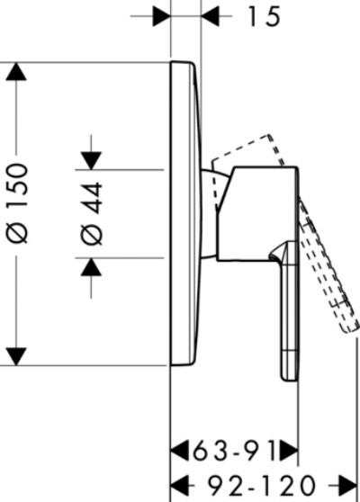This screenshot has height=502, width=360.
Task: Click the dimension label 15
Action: click(x=265, y=17)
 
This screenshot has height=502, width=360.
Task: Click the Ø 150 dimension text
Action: click(x=18, y=204)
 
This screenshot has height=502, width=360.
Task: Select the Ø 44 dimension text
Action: click(x=92, y=214)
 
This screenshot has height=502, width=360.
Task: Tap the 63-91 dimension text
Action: click(x=234, y=451)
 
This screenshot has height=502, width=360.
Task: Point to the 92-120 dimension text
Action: click(x=261, y=485)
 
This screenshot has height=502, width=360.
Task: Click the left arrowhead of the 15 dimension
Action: click(x=162, y=15)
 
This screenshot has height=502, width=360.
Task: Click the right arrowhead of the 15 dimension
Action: click(x=211, y=15)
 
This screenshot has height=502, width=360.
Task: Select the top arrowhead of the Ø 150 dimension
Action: click(x=16, y=71)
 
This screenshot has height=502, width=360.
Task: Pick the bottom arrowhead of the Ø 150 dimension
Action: click(x=16, y=356)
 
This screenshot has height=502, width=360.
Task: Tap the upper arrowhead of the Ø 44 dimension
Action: click(x=92, y=161)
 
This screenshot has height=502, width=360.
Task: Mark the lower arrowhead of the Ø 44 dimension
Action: click(x=92, y=266)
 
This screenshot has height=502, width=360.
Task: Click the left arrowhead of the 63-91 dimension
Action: click(x=180, y=451)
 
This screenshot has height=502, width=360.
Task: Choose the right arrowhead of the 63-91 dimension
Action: click(x=289, y=451)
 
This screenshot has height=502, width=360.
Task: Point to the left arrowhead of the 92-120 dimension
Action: click(x=180, y=486)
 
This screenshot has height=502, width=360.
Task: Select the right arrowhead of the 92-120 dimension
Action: click(x=347, y=486)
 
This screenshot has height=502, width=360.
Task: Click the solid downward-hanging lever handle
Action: click(x=289, y=310)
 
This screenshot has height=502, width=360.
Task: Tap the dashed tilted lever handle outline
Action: click(x=328, y=265)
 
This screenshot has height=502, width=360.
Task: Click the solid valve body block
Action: click(x=258, y=214)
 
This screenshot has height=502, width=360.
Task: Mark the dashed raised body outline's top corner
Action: click(x=269, y=135)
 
